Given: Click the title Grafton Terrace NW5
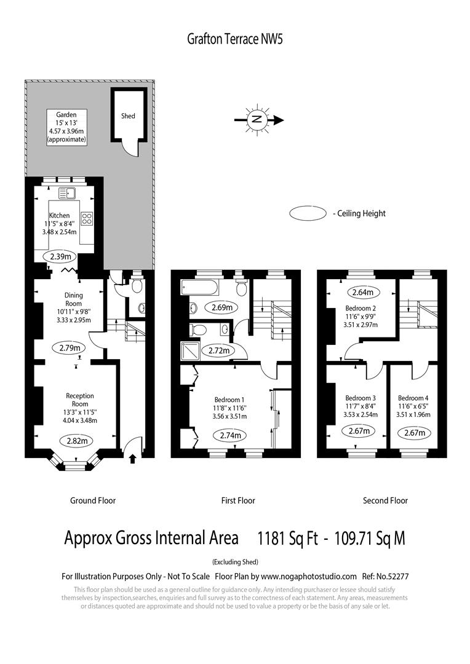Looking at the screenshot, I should point(234,39).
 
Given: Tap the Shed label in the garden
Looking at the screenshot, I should point(128,116).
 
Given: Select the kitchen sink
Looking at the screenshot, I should point(66,193).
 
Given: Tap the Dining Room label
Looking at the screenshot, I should point(73,299).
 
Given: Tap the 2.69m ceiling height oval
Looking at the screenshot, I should point(221,307).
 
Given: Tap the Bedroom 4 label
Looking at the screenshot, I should point(413,397).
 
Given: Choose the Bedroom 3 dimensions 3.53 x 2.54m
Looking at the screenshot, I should point(360,414).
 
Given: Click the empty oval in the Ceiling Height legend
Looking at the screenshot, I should point(308,213).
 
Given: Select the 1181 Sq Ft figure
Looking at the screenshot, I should point(288,539).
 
